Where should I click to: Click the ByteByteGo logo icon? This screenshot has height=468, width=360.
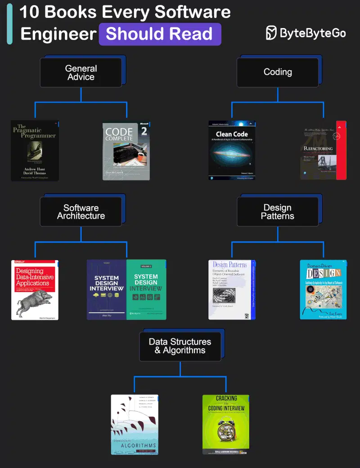(271, 33)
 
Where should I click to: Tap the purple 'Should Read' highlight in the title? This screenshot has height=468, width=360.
(160, 34)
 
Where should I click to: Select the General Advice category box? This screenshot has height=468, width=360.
(81, 72)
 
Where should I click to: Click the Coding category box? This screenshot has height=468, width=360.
(278, 72)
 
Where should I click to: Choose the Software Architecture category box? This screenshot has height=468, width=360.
(81, 211)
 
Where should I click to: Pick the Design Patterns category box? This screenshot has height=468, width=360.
(278, 211)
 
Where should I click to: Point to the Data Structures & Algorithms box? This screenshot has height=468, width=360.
(180, 346)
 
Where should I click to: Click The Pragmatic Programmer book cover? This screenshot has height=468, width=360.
(35, 151)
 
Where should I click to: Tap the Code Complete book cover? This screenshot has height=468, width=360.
(126, 151)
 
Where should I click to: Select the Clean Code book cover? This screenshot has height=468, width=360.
(232, 150)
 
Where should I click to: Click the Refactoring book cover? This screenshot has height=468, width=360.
(323, 150)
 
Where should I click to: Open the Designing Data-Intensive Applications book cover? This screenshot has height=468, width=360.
(35, 290)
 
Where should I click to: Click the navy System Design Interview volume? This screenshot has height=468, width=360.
(107, 290)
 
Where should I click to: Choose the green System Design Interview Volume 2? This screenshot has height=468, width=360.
(146, 290)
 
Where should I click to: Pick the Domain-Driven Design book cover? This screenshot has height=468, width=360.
(323, 290)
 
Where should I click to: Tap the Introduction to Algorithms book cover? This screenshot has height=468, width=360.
(135, 424)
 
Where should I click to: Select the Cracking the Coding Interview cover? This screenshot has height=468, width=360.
(226, 424)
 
